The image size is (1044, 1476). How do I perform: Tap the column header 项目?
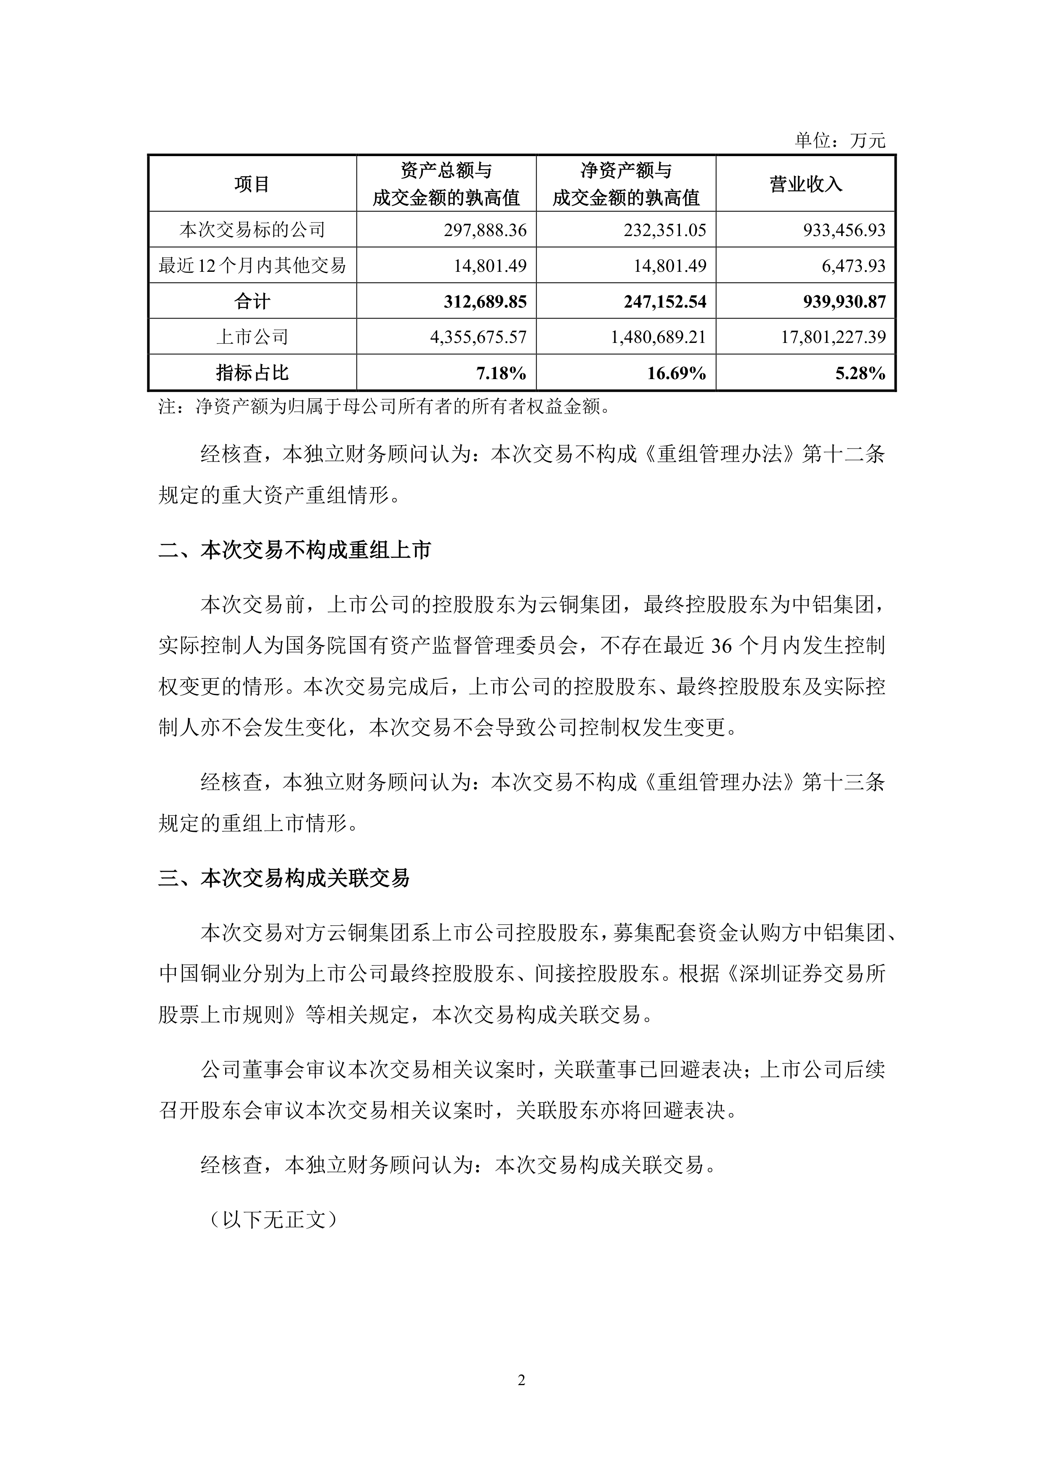click(252, 184)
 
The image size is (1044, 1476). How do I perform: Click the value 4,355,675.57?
click(478, 337)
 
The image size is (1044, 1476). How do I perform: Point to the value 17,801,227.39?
click(833, 337)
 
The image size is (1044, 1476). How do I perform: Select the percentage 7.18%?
click(502, 373)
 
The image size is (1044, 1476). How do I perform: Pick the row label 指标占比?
click(252, 373)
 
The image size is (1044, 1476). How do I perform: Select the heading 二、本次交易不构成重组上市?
click(295, 550)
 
